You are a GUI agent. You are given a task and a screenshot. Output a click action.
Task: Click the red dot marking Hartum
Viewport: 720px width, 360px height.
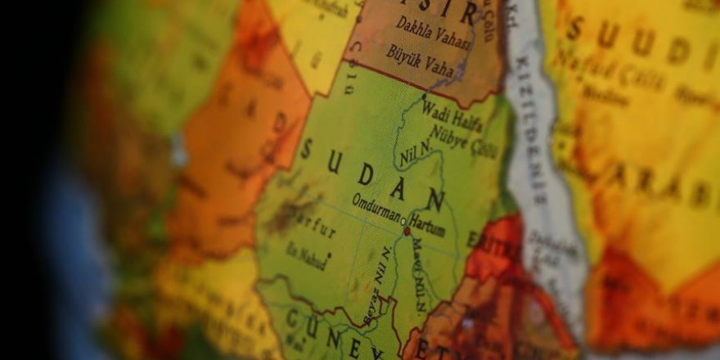tap(407, 232)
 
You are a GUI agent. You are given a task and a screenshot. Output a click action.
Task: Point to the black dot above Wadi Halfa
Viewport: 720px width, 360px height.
tap(424, 97)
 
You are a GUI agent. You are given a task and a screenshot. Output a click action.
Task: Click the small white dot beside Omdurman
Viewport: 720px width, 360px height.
tap(401, 220)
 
